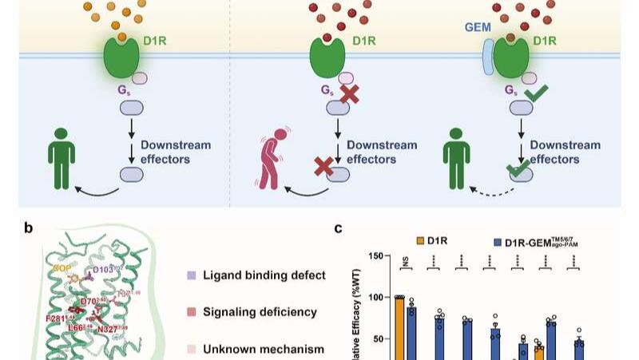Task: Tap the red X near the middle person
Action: click(x=323, y=167)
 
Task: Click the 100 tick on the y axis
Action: click(x=378, y=298)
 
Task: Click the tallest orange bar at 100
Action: click(x=399, y=327)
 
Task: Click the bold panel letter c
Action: click(x=338, y=228)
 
